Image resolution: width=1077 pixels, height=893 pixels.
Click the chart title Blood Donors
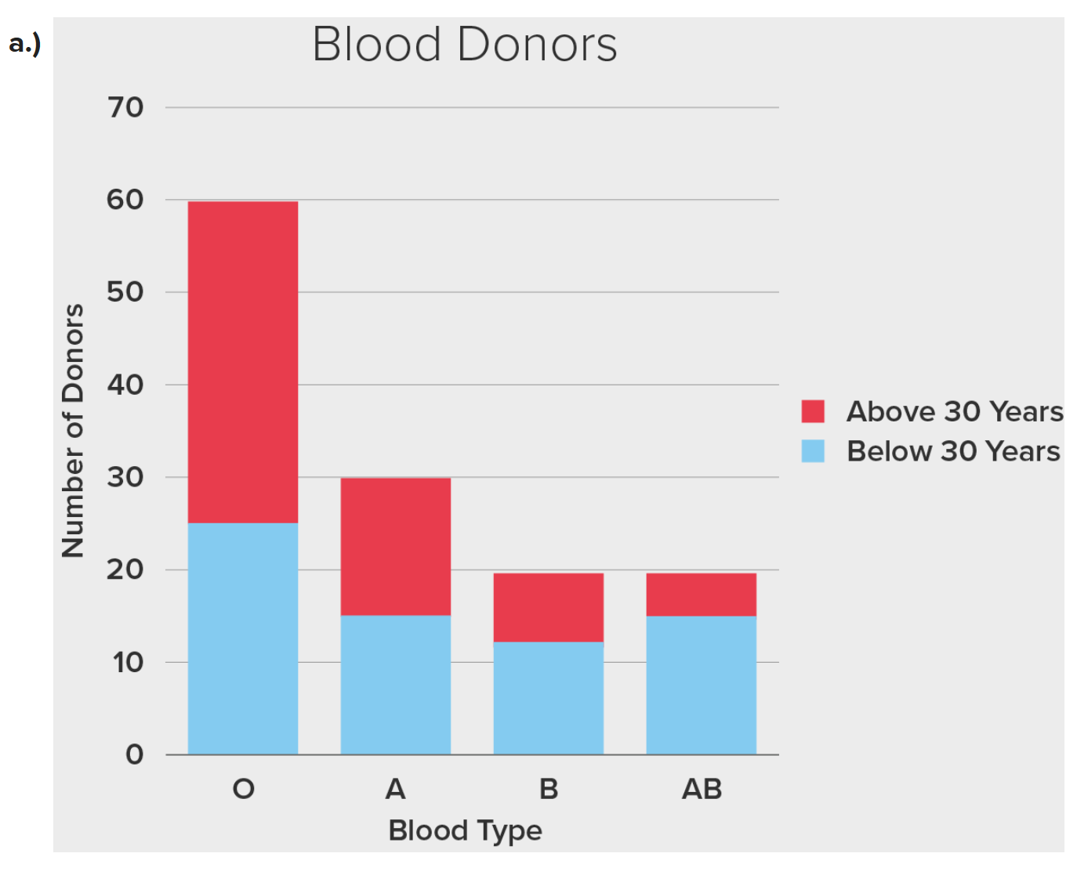pos(464,45)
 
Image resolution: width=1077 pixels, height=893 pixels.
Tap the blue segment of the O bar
pos(243,638)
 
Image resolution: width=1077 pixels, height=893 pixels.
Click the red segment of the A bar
pos(396,546)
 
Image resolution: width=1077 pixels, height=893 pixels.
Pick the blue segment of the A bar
pos(396,685)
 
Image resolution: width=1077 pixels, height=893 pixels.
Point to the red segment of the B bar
pos(549,607)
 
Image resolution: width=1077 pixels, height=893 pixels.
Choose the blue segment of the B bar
pos(549,698)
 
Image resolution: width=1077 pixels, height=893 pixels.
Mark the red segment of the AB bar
pos(702,595)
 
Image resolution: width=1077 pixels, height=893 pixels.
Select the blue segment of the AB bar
pos(702,685)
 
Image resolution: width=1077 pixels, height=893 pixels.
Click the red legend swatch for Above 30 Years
pos(813,411)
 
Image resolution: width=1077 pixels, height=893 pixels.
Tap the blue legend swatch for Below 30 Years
pos(813,451)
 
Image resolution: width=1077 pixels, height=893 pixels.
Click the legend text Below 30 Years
pos(953,451)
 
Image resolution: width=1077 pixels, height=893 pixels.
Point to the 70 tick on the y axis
pos(125,107)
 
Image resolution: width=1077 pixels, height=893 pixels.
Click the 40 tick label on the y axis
pos(125,385)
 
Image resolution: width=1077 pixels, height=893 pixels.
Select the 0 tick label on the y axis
pos(135,754)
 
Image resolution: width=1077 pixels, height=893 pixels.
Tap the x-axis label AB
pos(702,789)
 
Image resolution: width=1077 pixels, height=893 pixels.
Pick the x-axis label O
pos(243,789)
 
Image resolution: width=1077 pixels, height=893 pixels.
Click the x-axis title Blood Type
pos(465,830)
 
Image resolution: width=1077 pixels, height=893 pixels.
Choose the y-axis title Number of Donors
pos(73,431)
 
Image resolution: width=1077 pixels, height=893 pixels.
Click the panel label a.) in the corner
pos(25,44)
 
